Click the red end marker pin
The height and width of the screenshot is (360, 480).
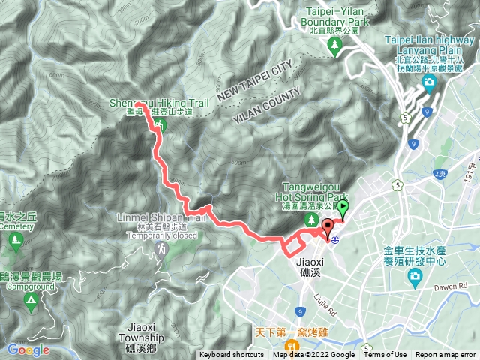pyautogui.click(x=328, y=228)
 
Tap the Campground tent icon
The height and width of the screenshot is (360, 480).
pyautogui.click(x=31, y=301)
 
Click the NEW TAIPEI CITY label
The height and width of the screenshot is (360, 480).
pyautogui.click(x=253, y=81)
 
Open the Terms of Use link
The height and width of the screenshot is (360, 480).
pyautogui.click(x=385, y=355)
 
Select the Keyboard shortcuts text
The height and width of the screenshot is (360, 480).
pyautogui.click(x=231, y=355)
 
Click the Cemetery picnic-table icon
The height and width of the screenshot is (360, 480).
pyautogui.click(x=13, y=241)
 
